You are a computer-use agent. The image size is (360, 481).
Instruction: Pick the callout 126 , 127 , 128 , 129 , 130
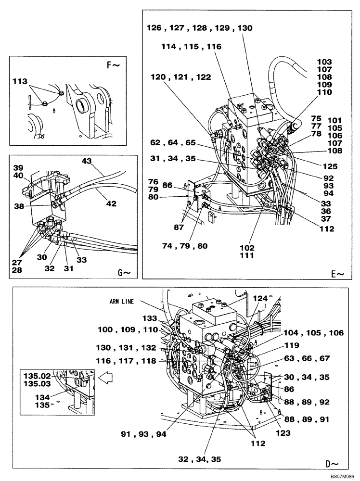click(x=199, y=28)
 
